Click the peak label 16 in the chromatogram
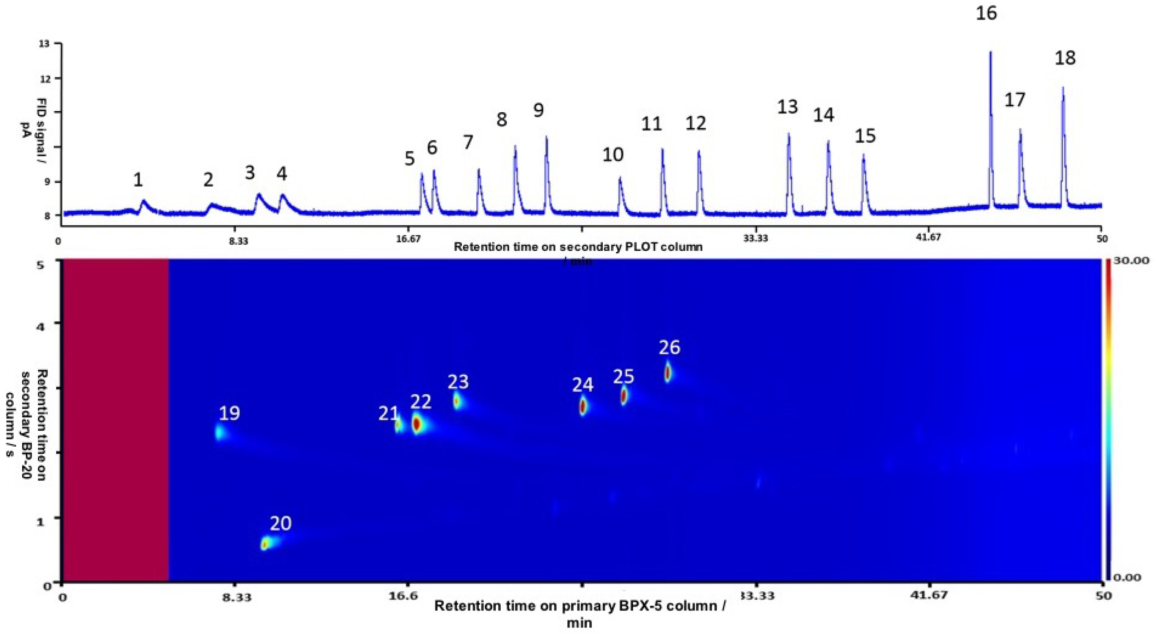click(x=986, y=13)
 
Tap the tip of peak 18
click(x=1063, y=88)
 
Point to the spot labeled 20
click(x=265, y=544)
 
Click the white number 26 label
click(x=669, y=347)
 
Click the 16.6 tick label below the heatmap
click(x=406, y=596)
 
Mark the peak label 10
click(x=612, y=155)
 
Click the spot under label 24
click(x=583, y=406)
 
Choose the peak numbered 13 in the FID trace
click(x=788, y=134)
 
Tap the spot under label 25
click(x=623, y=396)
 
